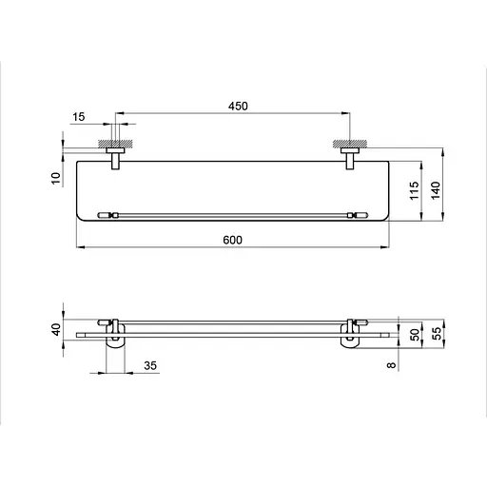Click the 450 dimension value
tap(238, 106)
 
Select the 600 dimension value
tap(232, 240)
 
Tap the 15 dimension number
tap(79, 117)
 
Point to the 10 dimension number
tap(56, 178)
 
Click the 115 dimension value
tap(414, 190)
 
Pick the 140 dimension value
tap(436, 190)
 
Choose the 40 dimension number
tap(56, 329)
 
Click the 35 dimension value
tap(150, 365)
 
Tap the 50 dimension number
tap(415, 335)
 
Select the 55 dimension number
tap(437, 334)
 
